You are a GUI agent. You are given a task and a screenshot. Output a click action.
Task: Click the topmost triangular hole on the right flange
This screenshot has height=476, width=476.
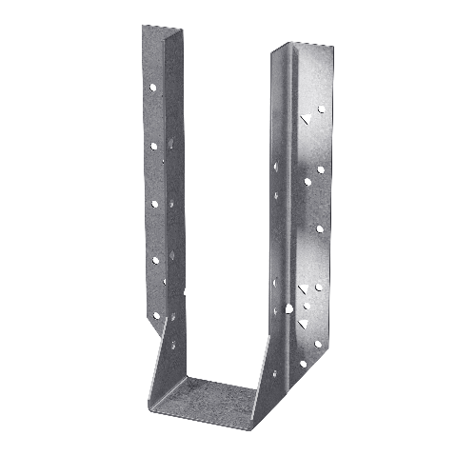pyautogui.click(x=307, y=119)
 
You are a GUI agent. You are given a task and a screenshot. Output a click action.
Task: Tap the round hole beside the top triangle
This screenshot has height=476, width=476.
pyautogui.click(x=321, y=109)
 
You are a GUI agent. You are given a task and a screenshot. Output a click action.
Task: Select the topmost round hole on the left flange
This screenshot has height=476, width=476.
pyautogui.click(x=151, y=88)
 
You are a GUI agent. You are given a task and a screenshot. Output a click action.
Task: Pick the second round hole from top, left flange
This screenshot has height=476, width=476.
pyautogui.click(x=152, y=147)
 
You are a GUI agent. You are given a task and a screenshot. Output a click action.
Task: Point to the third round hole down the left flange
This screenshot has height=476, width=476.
pyautogui.click(x=153, y=203)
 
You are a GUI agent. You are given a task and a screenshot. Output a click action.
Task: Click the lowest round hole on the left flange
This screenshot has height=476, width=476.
pyautogui.click(x=155, y=313)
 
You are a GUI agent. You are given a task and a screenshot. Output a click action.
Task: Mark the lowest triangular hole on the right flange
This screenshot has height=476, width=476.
pyautogui.click(x=304, y=324)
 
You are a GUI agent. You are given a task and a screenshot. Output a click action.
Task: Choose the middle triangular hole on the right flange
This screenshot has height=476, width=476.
pyautogui.click(x=304, y=288)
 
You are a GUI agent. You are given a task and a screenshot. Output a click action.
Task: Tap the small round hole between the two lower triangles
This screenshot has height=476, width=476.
pyautogui.click(x=307, y=307)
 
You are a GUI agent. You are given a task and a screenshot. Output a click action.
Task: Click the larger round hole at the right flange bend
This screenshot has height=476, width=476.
pyautogui.click(x=288, y=308)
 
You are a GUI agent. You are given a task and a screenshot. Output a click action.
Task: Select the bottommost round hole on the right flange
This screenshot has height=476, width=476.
pyautogui.click(x=303, y=364)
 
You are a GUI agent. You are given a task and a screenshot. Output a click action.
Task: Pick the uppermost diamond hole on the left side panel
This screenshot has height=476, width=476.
pyautogui.click(x=172, y=144)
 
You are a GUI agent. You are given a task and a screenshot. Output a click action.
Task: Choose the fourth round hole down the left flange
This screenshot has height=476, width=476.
pyautogui.click(x=154, y=259)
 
